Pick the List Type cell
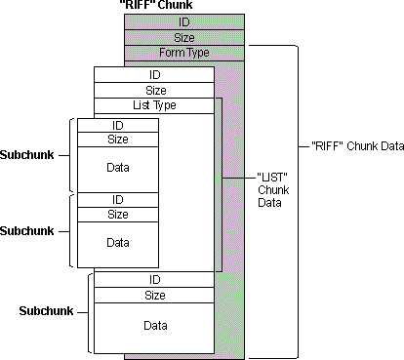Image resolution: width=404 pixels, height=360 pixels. click(x=153, y=105)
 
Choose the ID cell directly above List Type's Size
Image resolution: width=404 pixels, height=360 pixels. click(x=153, y=74)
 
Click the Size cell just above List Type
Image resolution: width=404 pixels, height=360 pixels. click(x=153, y=90)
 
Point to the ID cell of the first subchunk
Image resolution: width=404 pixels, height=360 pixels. click(x=117, y=124)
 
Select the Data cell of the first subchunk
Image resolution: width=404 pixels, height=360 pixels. click(x=117, y=167)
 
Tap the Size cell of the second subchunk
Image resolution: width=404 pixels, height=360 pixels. click(x=117, y=215)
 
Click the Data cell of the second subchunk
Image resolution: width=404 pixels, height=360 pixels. click(x=117, y=242)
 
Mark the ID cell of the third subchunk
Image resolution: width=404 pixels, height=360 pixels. click(x=153, y=279)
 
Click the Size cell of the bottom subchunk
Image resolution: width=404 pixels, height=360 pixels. click(x=153, y=295)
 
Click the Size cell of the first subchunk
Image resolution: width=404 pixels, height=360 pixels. click(x=117, y=140)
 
